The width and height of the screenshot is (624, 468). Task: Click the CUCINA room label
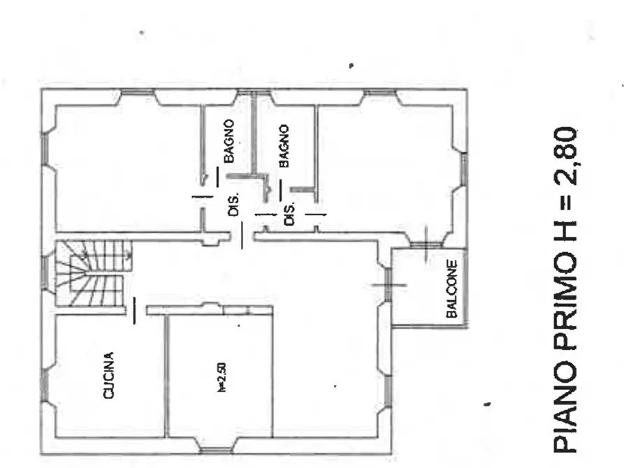(108, 375)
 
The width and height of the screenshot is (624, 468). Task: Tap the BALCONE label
(451, 289)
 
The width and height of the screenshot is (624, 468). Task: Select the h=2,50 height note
(222, 377)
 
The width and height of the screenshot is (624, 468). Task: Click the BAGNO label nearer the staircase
(228, 141)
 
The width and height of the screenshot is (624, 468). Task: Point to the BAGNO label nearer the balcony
(284, 146)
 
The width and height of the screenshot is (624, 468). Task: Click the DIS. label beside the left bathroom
(233, 205)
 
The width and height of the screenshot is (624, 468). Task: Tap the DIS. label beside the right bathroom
(290, 214)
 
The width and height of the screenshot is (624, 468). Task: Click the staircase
(94, 273)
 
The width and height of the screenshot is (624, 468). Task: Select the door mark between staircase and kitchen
(134, 310)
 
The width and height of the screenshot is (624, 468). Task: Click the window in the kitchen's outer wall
(45, 386)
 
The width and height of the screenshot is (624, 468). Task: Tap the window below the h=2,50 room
(215, 451)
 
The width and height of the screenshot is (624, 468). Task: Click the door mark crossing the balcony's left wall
(389, 284)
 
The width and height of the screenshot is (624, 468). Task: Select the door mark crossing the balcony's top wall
(426, 244)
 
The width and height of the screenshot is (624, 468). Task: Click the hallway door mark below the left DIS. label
(242, 235)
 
